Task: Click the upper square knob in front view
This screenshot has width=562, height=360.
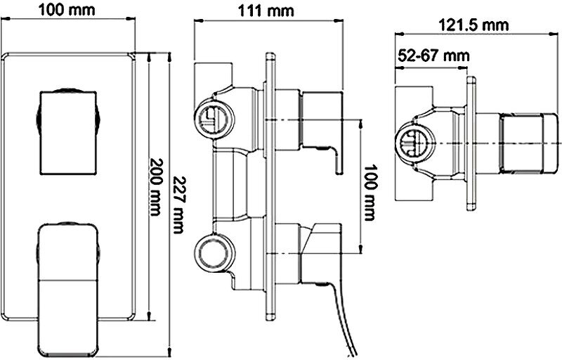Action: tap(67, 131)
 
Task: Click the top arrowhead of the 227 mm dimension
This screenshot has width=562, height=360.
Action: tap(171, 54)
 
